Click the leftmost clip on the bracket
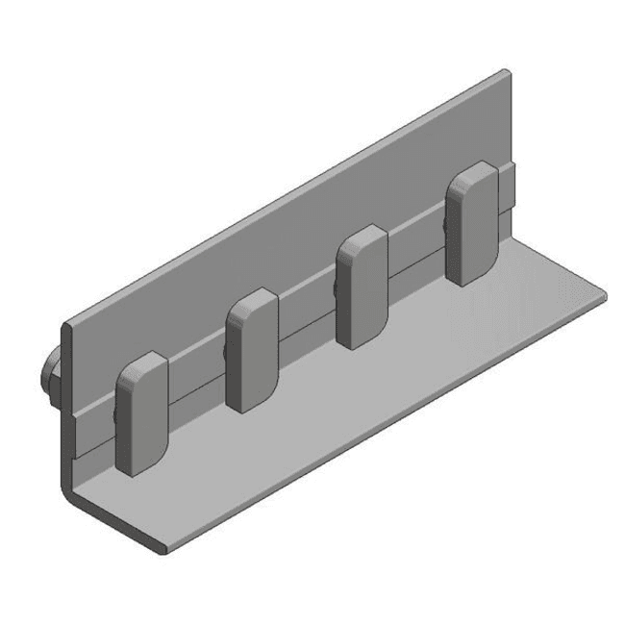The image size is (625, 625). (x=140, y=415)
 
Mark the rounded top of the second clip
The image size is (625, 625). (x=252, y=301)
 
